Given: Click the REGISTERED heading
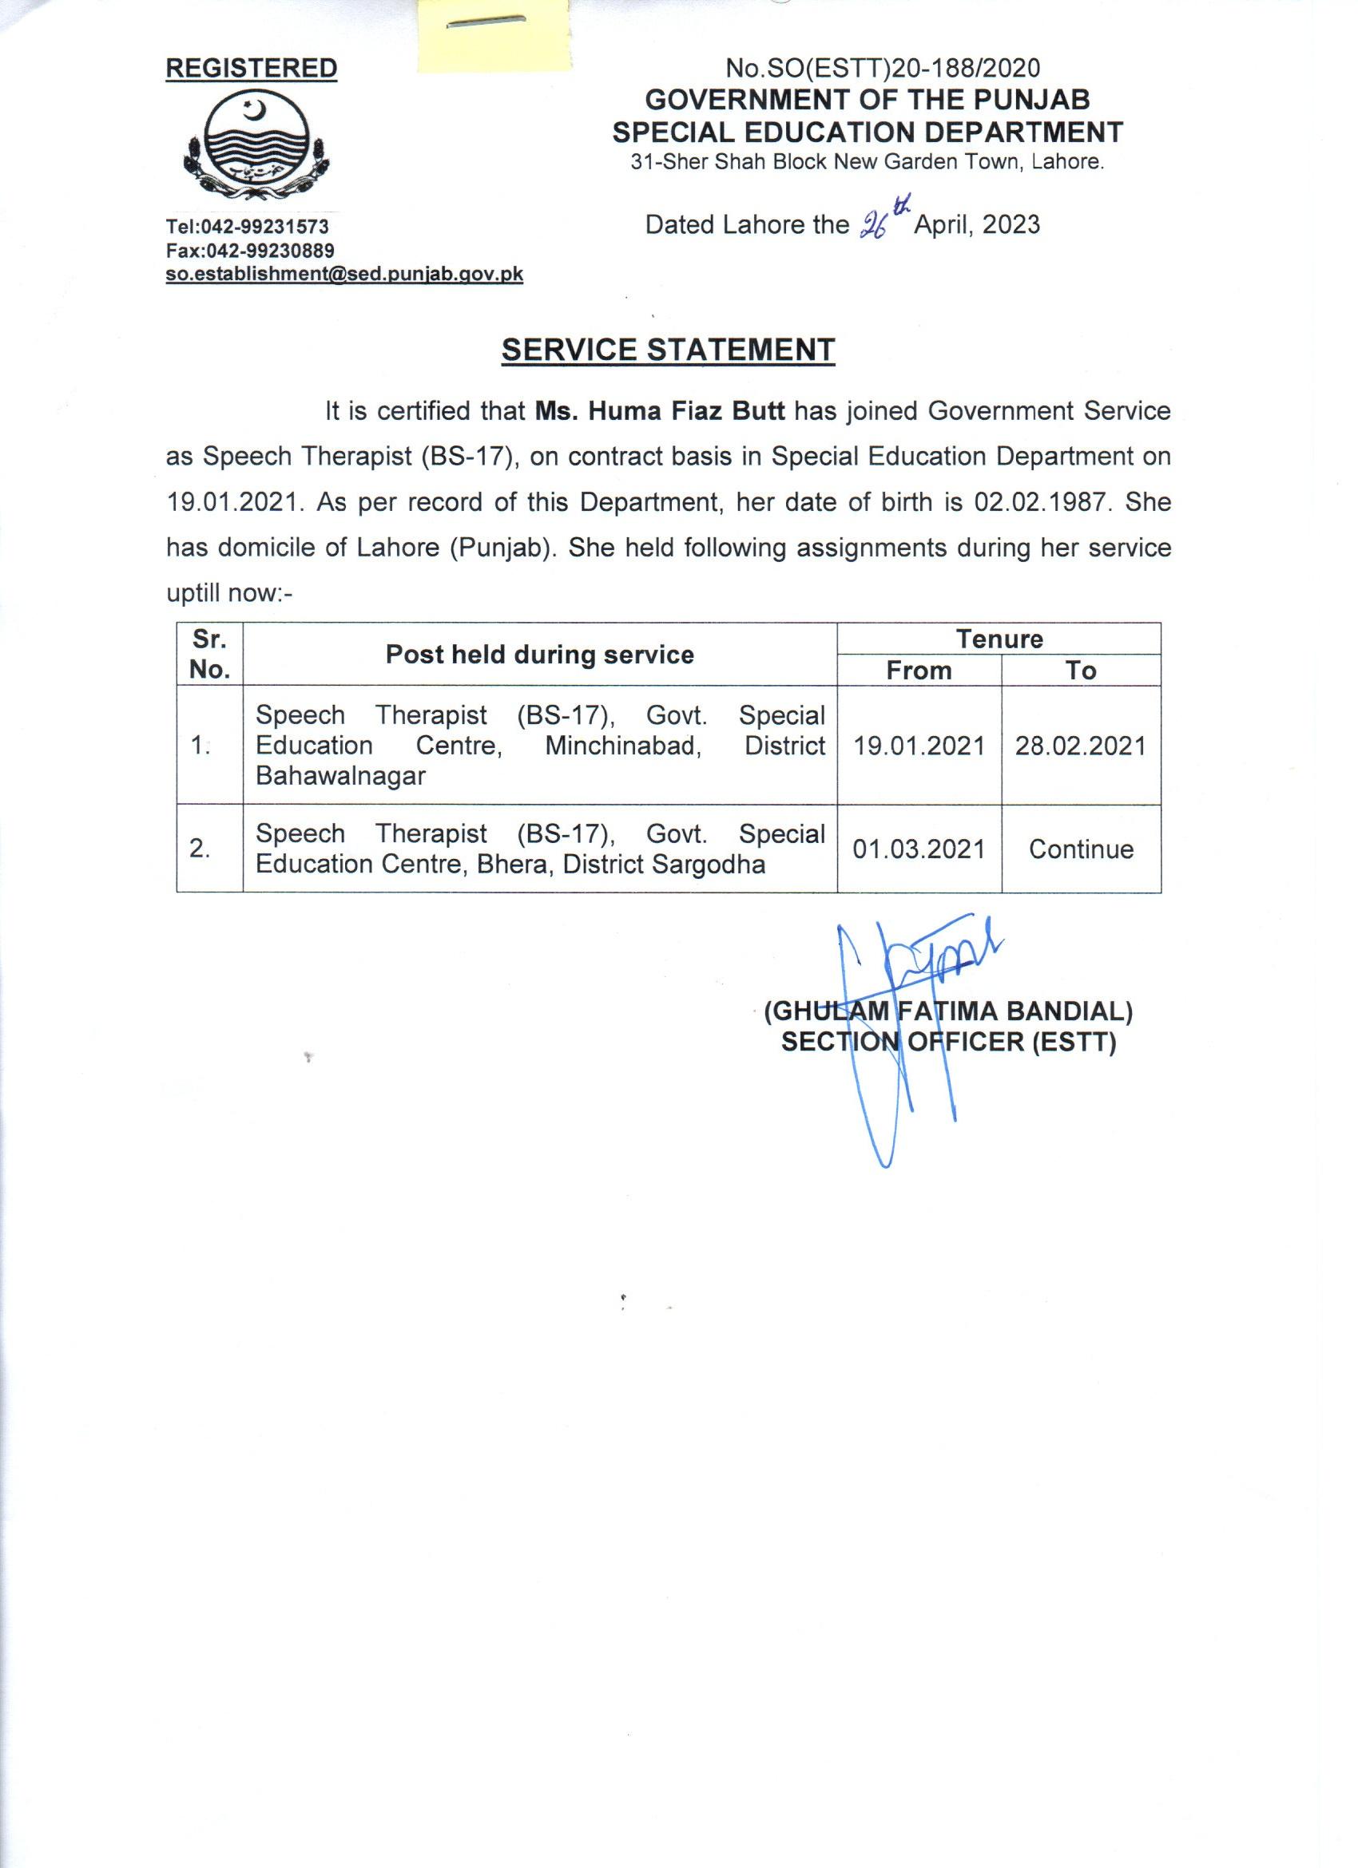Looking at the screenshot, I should pyautogui.click(x=252, y=69).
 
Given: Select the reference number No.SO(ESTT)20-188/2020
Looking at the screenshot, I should pyautogui.click(x=883, y=69).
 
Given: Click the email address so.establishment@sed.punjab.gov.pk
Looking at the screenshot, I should pyautogui.click(x=344, y=275).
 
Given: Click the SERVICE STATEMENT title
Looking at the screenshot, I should pyautogui.click(x=669, y=350).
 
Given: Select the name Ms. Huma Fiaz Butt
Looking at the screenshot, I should pyautogui.click(x=659, y=410).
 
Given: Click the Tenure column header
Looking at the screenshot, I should pyautogui.click(x=999, y=639).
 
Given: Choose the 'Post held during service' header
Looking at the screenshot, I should pyautogui.click(x=540, y=655).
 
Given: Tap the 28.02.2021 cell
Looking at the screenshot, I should pyautogui.click(x=1080, y=746).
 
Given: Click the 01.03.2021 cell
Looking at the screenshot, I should pyautogui.click(x=919, y=849).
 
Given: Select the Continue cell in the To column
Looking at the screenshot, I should pyautogui.click(x=1080, y=849).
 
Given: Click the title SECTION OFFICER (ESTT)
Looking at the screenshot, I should pyautogui.click(x=947, y=1043).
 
